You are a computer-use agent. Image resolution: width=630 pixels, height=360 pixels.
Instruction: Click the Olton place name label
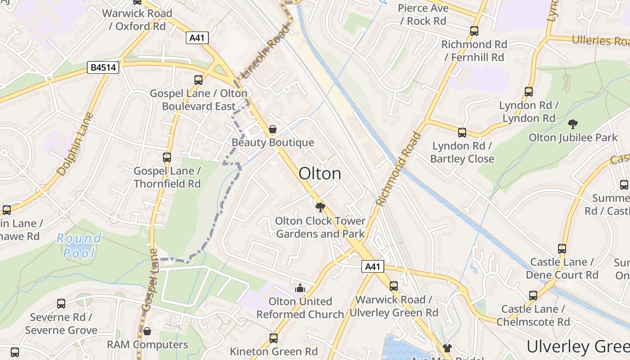[x=320, y=174]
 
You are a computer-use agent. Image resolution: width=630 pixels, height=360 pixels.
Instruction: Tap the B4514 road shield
[x=103, y=68]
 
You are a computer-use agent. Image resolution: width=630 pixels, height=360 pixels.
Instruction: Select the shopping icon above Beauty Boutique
[x=272, y=130]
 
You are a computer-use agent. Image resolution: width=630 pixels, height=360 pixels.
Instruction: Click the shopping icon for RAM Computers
[x=147, y=332]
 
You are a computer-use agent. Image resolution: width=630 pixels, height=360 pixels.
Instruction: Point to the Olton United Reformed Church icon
[x=300, y=288]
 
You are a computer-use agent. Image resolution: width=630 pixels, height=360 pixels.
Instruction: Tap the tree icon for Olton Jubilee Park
[x=573, y=124]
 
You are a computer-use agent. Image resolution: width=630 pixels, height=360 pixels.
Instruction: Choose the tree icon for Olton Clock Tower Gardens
[x=320, y=207]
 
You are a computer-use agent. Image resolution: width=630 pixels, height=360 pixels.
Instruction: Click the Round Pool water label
[x=79, y=246]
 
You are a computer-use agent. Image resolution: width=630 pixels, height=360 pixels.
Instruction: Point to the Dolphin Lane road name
[x=75, y=144]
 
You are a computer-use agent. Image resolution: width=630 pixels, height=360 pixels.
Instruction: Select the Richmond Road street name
[x=399, y=169]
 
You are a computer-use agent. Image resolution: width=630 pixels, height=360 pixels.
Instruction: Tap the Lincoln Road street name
[x=265, y=52]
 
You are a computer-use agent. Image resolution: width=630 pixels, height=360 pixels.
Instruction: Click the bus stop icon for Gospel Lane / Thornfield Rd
[x=167, y=157]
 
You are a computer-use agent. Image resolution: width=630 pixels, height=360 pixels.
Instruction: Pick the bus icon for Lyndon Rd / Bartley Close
[x=462, y=133]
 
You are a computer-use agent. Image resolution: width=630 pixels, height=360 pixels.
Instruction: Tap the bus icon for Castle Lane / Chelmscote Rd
[x=533, y=296]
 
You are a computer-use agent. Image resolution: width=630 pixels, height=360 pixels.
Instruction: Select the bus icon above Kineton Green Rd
[x=273, y=338]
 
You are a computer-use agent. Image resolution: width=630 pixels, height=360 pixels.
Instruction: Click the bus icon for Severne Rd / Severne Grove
[x=61, y=304]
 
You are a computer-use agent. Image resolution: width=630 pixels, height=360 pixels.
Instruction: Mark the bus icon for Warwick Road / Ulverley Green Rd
[x=394, y=286]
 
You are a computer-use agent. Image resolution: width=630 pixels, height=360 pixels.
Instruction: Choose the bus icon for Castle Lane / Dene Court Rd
[x=562, y=249]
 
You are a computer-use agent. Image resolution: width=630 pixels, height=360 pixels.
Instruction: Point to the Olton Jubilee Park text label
[x=573, y=138]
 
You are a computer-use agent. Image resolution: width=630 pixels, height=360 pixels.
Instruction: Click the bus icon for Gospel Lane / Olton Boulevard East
[x=198, y=80]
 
